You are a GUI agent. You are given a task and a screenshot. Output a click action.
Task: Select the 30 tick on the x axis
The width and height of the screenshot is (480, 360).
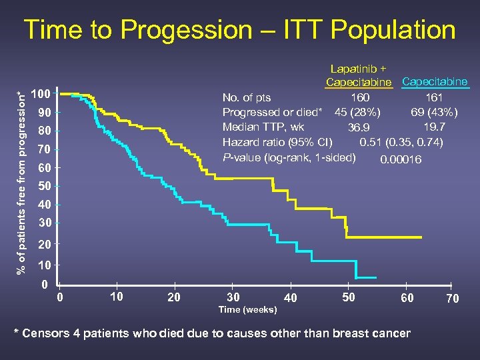tap(233, 297)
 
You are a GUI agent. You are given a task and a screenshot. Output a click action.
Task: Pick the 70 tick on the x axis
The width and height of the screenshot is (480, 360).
tap(453, 299)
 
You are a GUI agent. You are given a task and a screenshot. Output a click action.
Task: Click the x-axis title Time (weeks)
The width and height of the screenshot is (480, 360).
tap(248, 310)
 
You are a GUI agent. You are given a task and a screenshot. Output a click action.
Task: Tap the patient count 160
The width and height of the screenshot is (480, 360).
tap(360, 99)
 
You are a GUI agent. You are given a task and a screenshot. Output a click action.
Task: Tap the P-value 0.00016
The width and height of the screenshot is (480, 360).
tap(400, 159)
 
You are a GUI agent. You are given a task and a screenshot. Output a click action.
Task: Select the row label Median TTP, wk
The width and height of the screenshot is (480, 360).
tap(263, 127)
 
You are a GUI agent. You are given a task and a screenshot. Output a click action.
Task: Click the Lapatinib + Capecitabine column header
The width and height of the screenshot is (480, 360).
tap(359, 75)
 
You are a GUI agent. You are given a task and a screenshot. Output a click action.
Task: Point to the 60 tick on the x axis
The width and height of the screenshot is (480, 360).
tap(407, 298)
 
